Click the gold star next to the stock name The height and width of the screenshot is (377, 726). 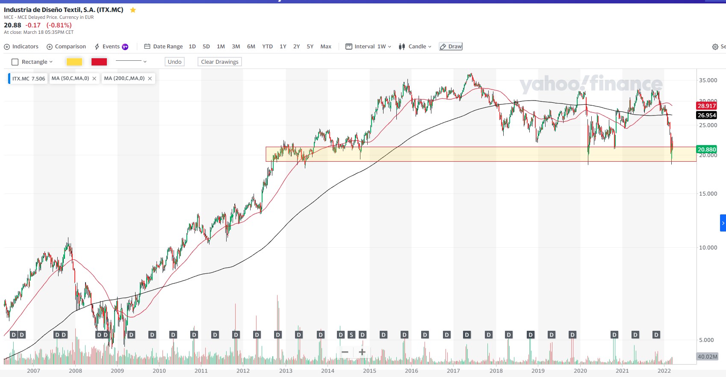(x=133, y=10)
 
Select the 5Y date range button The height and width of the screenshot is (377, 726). (x=310, y=47)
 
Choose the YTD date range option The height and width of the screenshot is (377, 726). (x=267, y=47)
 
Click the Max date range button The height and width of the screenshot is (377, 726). (x=326, y=47)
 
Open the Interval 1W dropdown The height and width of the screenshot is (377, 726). (x=369, y=47)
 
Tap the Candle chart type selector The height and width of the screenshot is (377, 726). (x=415, y=47)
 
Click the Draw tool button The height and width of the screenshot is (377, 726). (x=451, y=47)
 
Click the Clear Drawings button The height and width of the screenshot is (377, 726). (x=220, y=62)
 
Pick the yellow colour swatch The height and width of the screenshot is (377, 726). (x=74, y=62)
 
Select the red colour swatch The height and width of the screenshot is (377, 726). (x=99, y=62)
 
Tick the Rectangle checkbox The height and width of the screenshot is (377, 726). (x=15, y=62)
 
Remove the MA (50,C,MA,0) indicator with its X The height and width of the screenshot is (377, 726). (x=94, y=79)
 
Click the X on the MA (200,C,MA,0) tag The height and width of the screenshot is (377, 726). (x=150, y=79)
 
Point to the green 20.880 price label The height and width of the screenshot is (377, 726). (x=706, y=149)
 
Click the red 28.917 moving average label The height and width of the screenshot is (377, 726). (x=706, y=106)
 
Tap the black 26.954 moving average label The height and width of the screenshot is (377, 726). (x=706, y=115)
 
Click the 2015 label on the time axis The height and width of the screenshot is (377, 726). (x=369, y=371)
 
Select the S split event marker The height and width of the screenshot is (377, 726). (x=351, y=335)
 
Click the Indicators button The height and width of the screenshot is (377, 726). (x=21, y=47)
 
